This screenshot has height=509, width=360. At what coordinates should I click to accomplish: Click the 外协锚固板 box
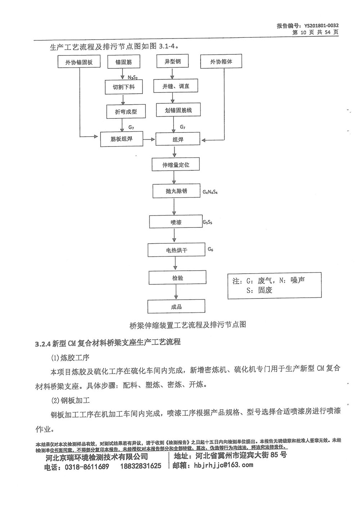tap(79, 61)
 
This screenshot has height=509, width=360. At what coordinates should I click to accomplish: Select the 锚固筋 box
tap(123, 62)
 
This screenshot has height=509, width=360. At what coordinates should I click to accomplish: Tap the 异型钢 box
tap(172, 61)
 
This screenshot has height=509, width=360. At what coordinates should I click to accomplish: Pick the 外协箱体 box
tap(221, 61)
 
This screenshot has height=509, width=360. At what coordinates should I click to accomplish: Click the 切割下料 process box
tap(123, 87)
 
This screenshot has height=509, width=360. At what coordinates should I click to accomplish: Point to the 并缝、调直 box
tap(175, 86)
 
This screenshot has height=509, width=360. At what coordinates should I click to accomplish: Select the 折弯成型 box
tap(126, 111)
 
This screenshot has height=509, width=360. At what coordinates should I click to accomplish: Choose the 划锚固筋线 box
tap(178, 110)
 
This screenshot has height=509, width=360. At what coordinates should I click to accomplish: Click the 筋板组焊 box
tap(122, 139)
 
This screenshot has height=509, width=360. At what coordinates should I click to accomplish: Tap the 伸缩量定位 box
tap(176, 164)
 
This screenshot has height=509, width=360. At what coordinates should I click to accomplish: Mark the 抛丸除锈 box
tap(176, 191)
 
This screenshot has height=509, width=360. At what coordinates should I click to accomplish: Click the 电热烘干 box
tap(176, 250)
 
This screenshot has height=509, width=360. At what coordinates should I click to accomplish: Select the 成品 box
tap(176, 306)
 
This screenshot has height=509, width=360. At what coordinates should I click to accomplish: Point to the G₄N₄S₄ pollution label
tap(210, 192)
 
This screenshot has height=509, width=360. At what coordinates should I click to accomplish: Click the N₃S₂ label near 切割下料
tap(132, 77)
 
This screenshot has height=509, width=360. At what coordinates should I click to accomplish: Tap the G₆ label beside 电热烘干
tap(211, 249)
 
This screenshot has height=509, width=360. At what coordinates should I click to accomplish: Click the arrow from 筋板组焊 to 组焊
tap(149, 139)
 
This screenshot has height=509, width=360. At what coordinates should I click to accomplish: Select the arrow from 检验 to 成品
tap(176, 292)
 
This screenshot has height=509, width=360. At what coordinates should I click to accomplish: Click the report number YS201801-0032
tap(321, 26)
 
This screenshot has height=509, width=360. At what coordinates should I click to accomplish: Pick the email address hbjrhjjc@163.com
tap(224, 464)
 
